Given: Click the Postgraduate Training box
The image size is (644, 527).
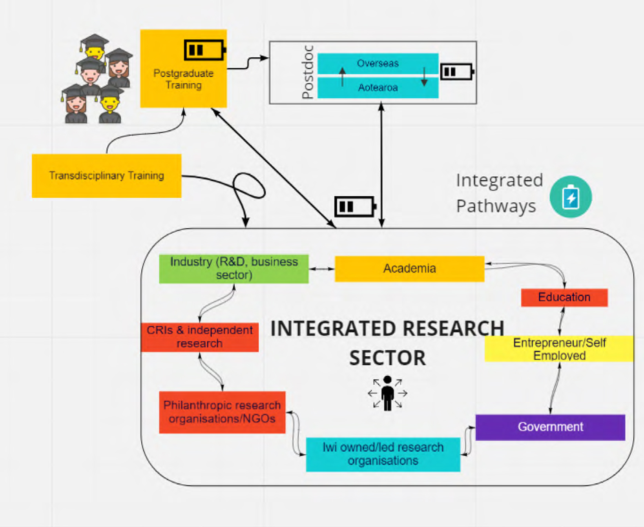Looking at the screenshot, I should [x=183, y=78].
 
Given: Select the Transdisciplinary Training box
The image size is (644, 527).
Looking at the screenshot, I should [x=106, y=175].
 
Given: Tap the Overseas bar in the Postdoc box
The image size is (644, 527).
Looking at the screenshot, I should [x=378, y=63].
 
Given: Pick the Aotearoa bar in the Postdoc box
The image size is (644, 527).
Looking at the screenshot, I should [x=378, y=87].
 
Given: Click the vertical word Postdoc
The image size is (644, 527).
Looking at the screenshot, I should [x=308, y=72].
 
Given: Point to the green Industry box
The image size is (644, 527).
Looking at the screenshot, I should [x=234, y=269].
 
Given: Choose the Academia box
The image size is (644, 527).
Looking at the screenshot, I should [x=409, y=269].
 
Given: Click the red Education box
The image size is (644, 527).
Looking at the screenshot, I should [x=564, y=297].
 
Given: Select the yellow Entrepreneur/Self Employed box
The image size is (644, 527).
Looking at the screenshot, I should [x=559, y=348].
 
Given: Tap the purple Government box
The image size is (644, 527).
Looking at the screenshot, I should [x=550, y=427].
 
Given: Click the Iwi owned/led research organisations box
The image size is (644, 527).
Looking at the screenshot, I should [x=383, y=454].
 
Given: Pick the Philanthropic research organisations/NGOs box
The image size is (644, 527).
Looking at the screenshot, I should [x=222, y=412].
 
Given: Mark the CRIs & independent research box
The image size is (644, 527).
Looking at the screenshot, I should [x=199, y=337].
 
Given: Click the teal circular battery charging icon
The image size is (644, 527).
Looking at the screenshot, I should [x=570, y=197].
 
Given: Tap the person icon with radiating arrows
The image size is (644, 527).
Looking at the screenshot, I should [x=387, y=393].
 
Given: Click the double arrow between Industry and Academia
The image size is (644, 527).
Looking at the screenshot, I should [x=321, y=269].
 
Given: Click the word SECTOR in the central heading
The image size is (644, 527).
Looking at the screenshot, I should [x=387, y=358].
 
